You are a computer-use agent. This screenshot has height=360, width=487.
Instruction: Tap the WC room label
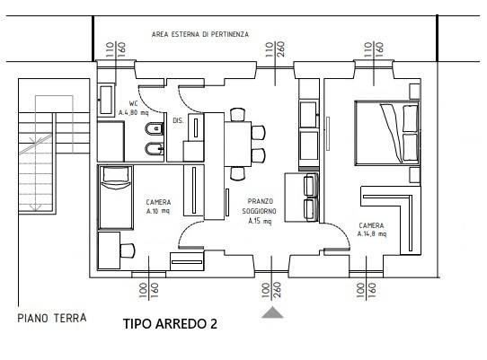[134, 108]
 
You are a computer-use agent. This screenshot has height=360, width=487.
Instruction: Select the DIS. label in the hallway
[178, 119]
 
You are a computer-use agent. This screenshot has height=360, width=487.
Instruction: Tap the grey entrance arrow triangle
[273, 312]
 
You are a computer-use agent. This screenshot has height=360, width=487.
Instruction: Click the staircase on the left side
[39, 148]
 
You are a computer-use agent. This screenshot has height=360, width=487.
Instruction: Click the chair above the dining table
[237, 114]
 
